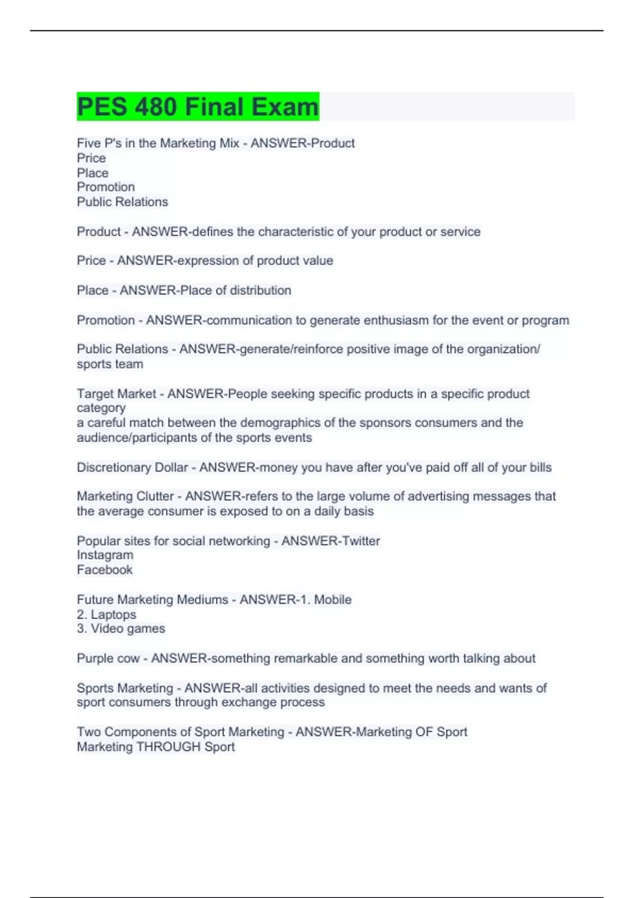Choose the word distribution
pos(260,290)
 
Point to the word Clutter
pos(155,497)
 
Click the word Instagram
pos(105,555)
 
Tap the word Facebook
pos(105,570)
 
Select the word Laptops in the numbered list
pos(113,614)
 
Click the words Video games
pos(127,629)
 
